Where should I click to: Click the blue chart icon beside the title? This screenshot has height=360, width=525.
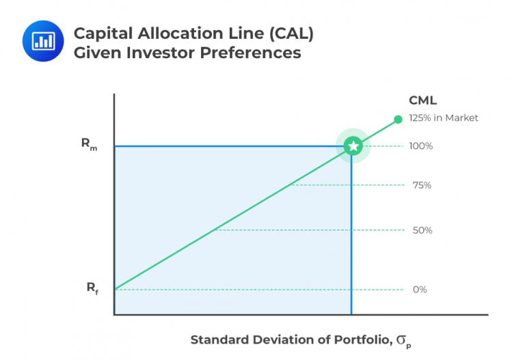[42, 40]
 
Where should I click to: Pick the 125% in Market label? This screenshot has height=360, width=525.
[443, 117]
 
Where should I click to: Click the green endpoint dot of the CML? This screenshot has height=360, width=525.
[399, 120]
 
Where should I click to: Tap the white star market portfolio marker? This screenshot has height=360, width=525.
[352, 146]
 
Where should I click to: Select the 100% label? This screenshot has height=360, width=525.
[422, 146]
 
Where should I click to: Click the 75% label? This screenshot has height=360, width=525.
[422, 185]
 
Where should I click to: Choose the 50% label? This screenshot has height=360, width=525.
[422, 230]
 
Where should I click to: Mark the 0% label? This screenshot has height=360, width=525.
[420, 290]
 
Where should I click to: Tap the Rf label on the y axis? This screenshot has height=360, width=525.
[92, 288]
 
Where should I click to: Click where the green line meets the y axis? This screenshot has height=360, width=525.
[115, 290]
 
